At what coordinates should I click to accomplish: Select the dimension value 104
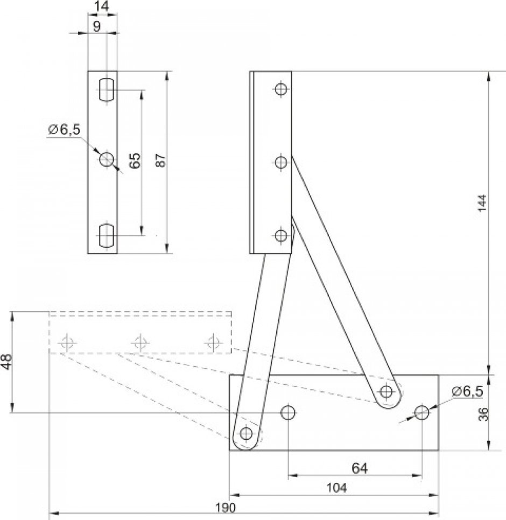[x=336, y=488]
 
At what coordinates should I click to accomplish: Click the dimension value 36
[x=483, y=413]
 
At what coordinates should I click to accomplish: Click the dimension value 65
[x=135, y=160]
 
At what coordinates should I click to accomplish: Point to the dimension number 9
[x=96, y=26]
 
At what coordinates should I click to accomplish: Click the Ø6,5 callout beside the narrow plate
[x=64, y=130]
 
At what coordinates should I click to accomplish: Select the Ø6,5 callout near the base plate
[x=467, y=391]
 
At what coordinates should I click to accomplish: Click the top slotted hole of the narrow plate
[x=107, y=89]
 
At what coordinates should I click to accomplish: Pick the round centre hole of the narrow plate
[x=107, y=159]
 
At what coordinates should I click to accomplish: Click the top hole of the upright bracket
[x=280, y=89]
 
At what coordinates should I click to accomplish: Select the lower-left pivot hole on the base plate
[x=247, y=433]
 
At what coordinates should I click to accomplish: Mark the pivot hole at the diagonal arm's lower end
[x=386, y=391]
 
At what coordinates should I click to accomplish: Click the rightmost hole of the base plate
[x=421, y=413]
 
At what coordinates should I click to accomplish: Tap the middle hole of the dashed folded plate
[x=140, y=341]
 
